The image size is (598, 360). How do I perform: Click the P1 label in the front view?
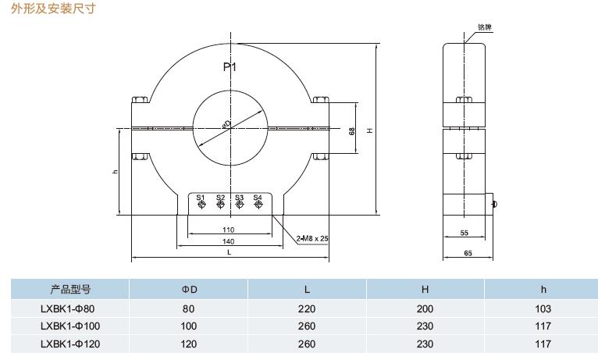[x=230, y=67]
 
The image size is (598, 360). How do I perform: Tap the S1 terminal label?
[x=201, y=198]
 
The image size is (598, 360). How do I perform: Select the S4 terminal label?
[x=258, y=198]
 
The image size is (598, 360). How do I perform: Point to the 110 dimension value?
[x=229, y=230]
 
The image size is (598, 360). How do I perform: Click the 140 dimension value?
[x=229, y=242]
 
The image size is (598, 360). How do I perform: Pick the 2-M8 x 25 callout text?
[x=312, y=238]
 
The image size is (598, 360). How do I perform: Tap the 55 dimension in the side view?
[x=464, y=233]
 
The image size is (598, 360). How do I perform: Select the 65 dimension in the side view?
[x=468, y=253]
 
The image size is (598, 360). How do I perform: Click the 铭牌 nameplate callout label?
[x=485, y=27]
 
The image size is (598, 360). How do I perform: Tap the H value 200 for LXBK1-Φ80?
[x=425, y=308]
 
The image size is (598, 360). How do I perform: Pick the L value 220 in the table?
[x=307, y=308]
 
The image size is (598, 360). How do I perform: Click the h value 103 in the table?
[x=543, y=308]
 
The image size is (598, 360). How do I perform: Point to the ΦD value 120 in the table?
[x=189, y=342]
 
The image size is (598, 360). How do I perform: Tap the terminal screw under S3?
[x=239, y=205]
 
